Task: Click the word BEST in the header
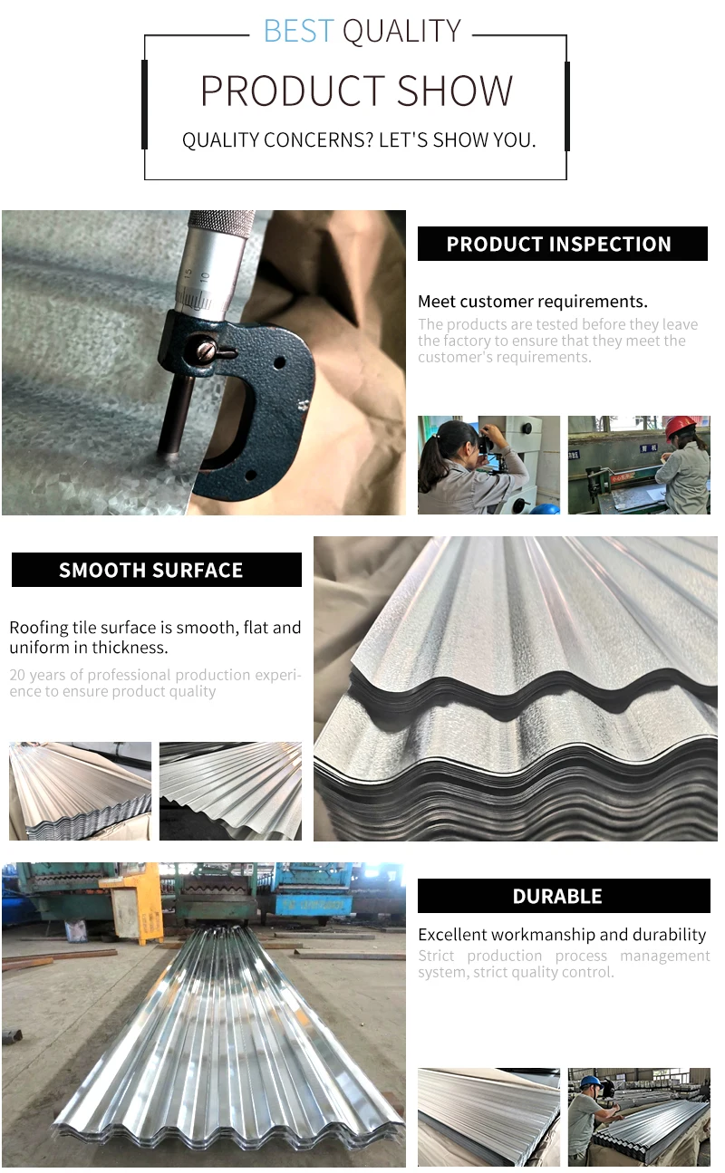[298, 32]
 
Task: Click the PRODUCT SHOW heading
[356, 91]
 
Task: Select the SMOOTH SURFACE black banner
[156, 570]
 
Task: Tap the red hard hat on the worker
[681, 426]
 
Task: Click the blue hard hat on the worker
[590, 1082]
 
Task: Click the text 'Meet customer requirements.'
[533, 302]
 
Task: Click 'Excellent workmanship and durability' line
[562, 935]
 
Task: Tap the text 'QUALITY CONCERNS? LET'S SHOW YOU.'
[359, 140]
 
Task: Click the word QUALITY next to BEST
[401, 32]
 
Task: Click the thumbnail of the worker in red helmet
[639, 465]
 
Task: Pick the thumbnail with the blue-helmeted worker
[639, 1117]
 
